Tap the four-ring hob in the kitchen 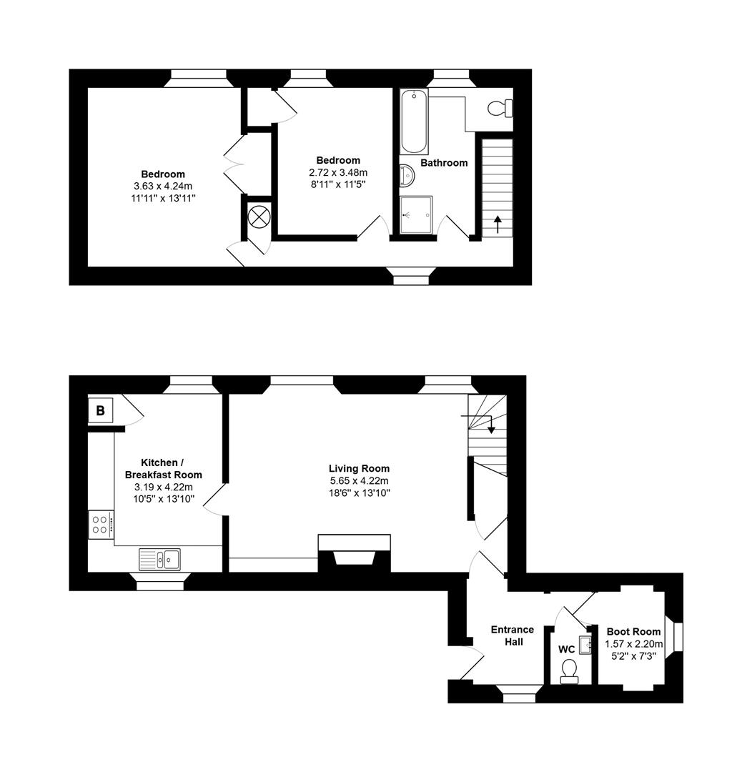coord(101,525)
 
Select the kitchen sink coord(159,558)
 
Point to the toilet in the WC coord(569,670)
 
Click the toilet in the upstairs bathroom coord(499,109)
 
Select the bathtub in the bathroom coord(414,122)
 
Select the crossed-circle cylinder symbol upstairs coord(258,216)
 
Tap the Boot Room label coord(633,631)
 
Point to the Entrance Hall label coord(512,635)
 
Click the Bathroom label coord(444,163)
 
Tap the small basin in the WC coord(586,645)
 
